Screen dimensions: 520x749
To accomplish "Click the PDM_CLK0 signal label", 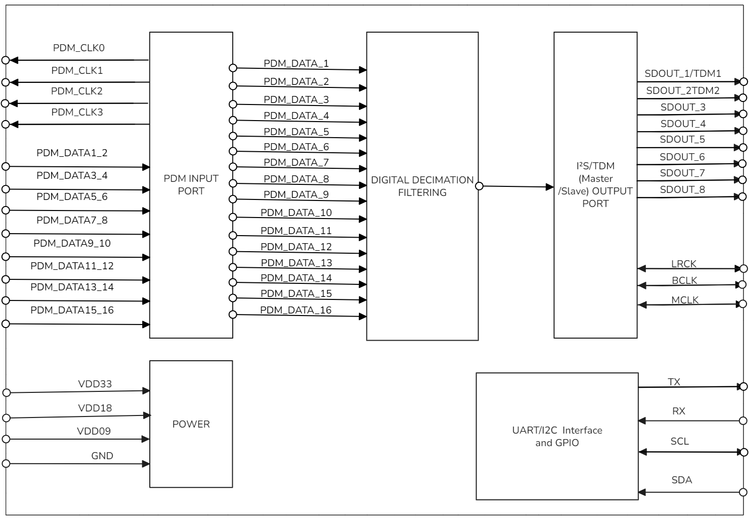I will pos(78,48).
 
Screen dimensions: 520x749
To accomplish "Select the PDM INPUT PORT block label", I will pos(191,184).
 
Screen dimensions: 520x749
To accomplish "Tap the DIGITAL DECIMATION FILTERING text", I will pos(422,186).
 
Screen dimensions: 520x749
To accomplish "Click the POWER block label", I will pos(191,424).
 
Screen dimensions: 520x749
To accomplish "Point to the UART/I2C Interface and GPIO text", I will pos(557,436).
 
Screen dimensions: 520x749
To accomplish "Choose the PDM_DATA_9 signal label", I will pos(296,194).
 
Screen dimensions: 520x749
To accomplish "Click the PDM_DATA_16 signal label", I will pos(296,310).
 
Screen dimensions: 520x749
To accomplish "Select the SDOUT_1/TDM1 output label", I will pos(683,73).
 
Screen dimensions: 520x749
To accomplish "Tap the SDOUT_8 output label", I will pos(682,189).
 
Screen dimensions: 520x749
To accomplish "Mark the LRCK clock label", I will pos(684,264).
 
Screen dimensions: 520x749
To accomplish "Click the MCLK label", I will pos(685,300).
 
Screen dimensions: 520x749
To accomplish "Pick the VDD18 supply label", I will pos(95,408).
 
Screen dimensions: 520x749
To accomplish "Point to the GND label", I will pos(102,456).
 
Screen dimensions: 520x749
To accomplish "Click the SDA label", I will pos(682,480).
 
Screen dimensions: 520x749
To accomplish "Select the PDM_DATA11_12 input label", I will pos(72,266).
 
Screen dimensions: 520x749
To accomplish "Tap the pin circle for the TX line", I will pos(743,386).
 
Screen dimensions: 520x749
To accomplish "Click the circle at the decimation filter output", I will pos(479,186).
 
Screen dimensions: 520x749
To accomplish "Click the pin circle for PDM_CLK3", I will pos(6,124).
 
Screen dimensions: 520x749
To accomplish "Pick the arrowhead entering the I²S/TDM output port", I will pos(550,187).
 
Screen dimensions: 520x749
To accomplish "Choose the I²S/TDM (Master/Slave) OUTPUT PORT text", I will pos(595,184).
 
